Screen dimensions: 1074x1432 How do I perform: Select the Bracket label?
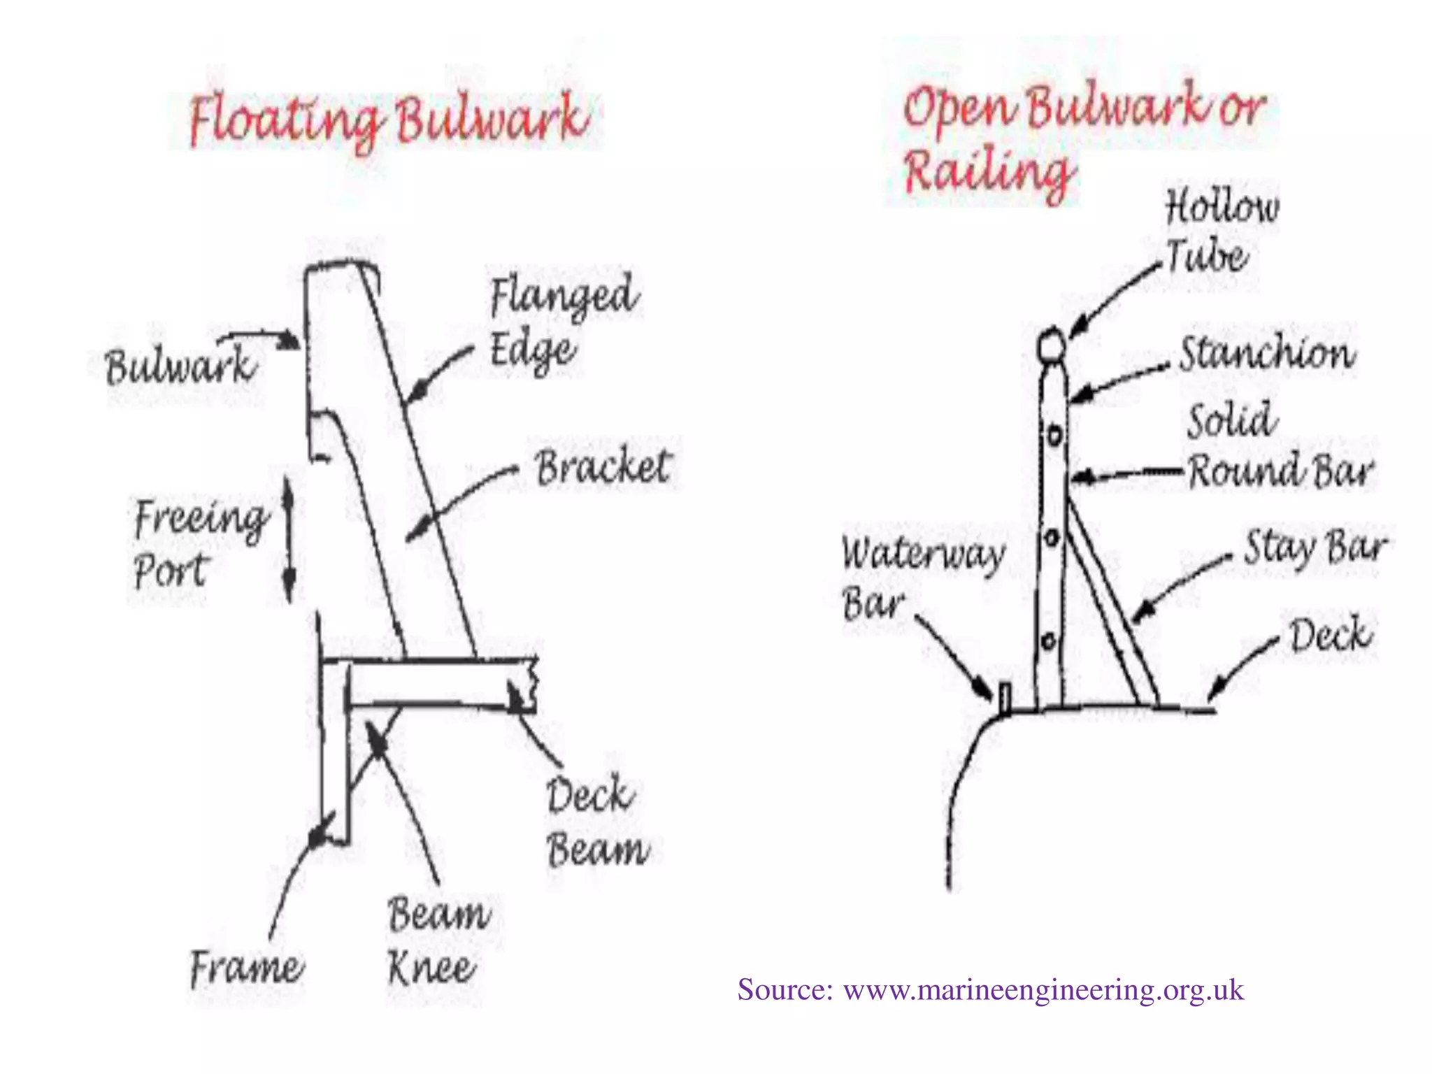tap(603, 467)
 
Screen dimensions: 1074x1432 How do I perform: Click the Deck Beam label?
tap(596, 822)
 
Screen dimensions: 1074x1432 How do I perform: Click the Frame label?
tap(246, 968)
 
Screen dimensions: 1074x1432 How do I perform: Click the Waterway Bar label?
tap(922, 578)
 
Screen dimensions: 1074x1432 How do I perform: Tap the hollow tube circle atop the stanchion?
tap(1052, 345)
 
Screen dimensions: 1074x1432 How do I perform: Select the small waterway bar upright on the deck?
tap(1005, 699)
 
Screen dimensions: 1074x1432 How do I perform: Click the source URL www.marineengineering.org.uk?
tap(1043, 990)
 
